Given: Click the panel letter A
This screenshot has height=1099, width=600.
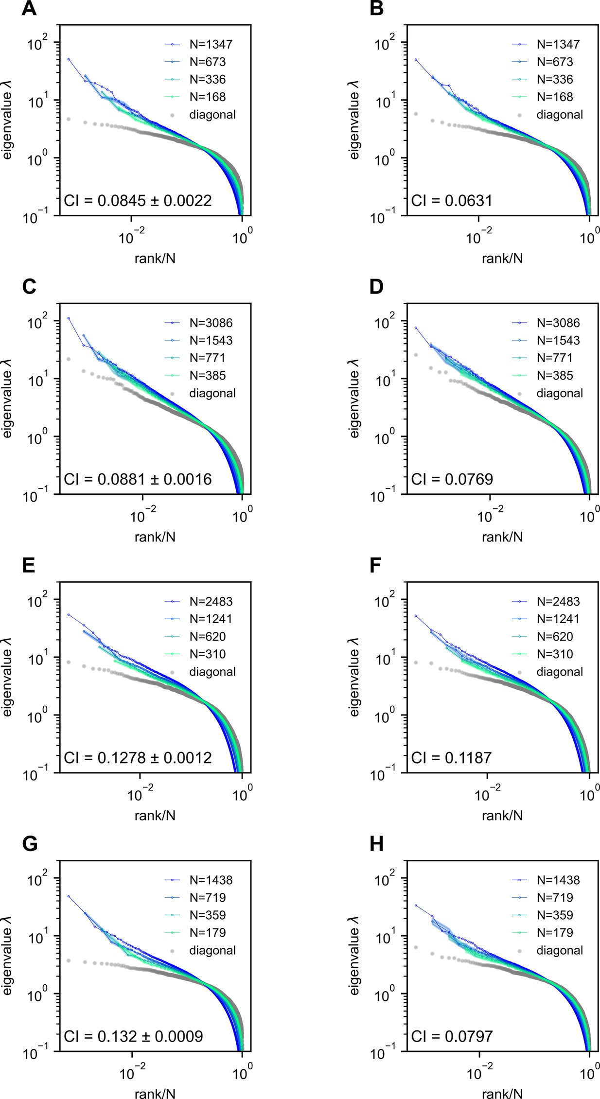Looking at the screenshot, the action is [29, 9].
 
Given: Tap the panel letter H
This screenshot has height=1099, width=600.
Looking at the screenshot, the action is [377, 844].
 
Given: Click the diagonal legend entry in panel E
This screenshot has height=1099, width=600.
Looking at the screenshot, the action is [200, 672].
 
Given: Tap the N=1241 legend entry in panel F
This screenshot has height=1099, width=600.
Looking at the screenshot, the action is [546, 619].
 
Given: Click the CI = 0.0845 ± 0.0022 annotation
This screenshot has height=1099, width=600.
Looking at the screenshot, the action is [138, 201].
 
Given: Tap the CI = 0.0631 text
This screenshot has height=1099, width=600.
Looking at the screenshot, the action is [452, 201].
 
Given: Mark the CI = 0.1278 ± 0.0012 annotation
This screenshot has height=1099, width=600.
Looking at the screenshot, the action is [138, 758].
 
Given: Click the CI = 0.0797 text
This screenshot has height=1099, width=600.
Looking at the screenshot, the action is [452, 1036].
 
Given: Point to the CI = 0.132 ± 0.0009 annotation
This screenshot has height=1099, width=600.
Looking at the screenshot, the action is [134, 1036].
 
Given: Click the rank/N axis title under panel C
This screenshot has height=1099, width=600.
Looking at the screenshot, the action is [155, 537].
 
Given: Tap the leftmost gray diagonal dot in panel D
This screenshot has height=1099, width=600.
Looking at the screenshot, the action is [416, 355].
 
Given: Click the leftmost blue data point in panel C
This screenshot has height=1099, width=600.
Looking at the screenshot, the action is [69, 318].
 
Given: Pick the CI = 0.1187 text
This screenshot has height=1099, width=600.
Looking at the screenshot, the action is [452, 758].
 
